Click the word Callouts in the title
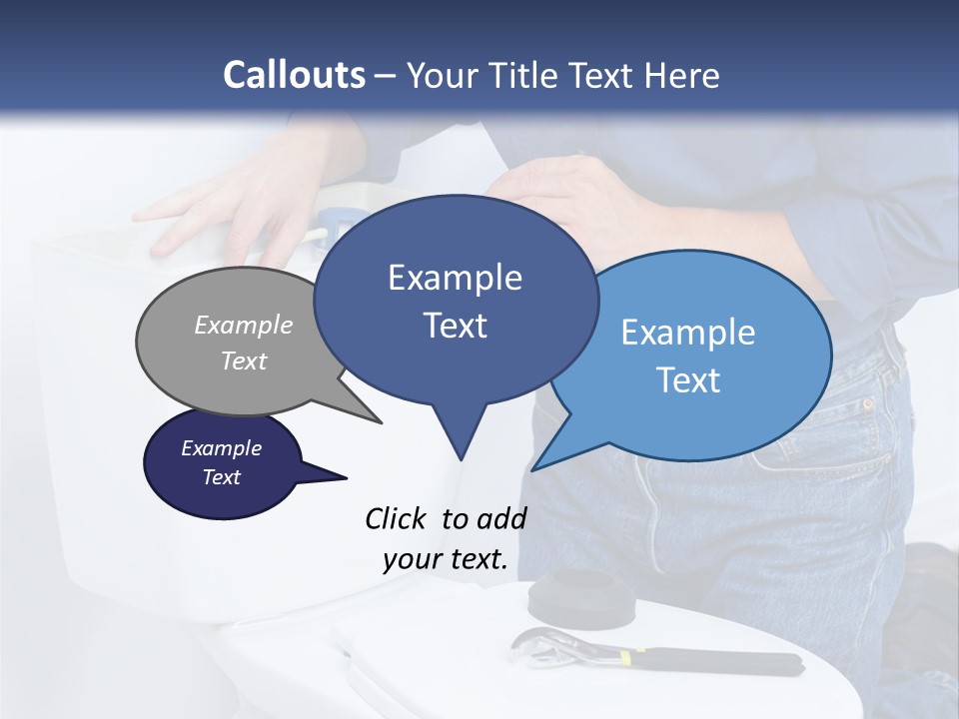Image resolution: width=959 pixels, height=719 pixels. click(x=294, y=75)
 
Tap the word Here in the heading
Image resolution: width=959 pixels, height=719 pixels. click(x=682, y=75)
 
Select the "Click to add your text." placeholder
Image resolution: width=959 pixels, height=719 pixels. click(x=446, y=539)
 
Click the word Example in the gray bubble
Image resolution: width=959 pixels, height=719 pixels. click(x=244, y=326)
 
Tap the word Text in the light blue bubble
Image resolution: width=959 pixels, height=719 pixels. click(x=688, y=380)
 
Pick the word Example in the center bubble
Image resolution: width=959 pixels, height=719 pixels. click(x=455, y=278)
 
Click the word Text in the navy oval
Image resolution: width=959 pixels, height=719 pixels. click(x=222, y=477)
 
